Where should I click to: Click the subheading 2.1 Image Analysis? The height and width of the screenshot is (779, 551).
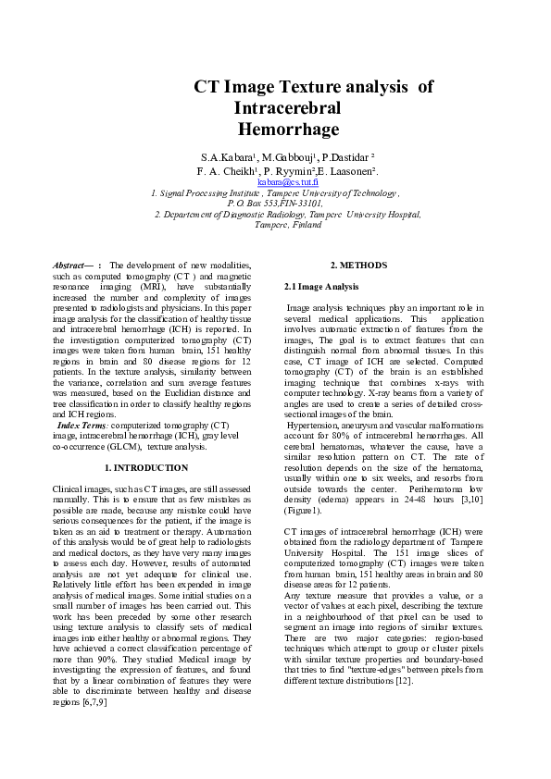[320, 288]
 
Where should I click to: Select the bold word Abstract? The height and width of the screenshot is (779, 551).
[70, 266]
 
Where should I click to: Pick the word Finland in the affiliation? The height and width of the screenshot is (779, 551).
[301, 224]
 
